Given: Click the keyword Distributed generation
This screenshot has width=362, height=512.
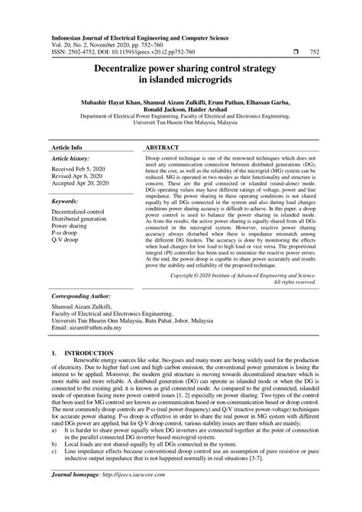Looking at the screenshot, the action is pos(86,219).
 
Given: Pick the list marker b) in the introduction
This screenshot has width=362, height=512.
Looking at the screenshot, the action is pos(55,442).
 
